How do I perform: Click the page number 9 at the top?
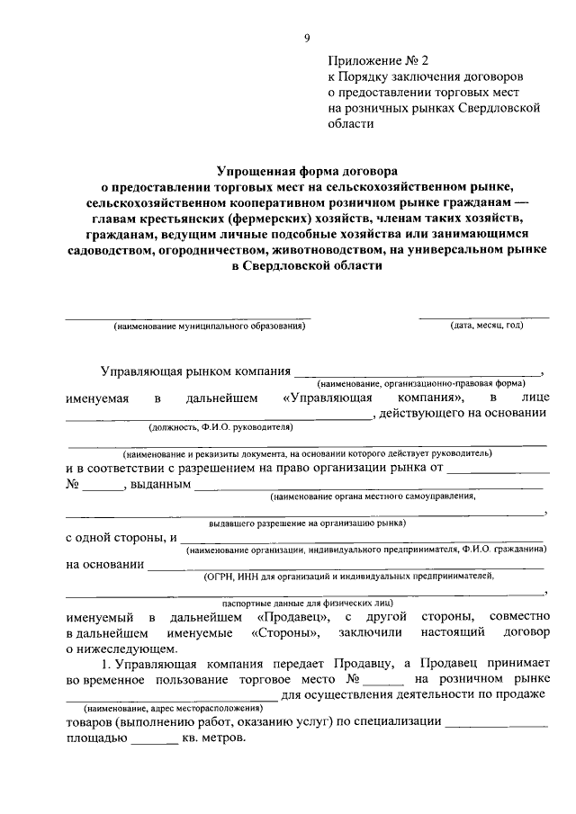[x=306, y=37]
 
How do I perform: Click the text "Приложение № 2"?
[x=375, y=61]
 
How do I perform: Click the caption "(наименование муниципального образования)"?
[x=210, y=326]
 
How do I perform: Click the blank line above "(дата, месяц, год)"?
[x=484, y=316]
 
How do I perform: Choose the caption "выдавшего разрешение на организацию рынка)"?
[x=307, y=522]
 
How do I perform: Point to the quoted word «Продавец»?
[x=290, y=617]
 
